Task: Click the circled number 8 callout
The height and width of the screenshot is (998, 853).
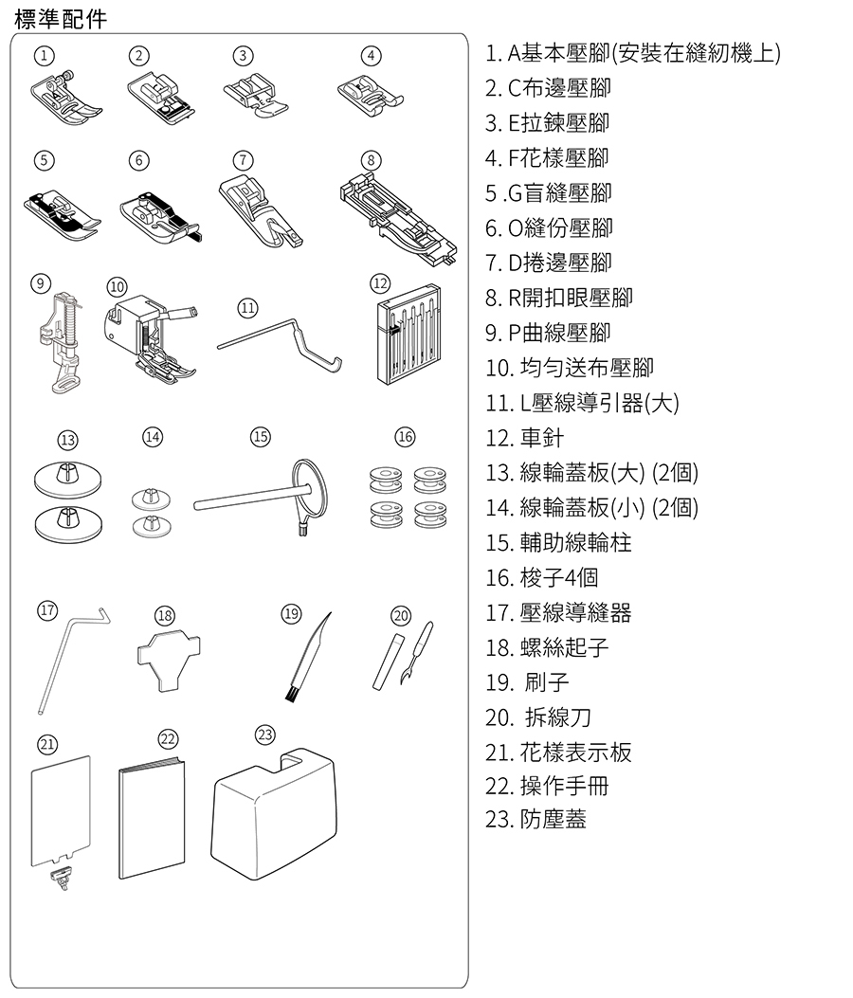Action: [x=372, y=160]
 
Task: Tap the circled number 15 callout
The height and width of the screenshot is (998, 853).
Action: [x=261, y=437]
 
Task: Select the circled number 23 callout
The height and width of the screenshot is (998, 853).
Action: [x=264, y=735]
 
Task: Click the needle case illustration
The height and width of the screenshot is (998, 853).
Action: [x=408, y=335]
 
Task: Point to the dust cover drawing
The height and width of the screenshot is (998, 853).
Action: [x=274, y=814]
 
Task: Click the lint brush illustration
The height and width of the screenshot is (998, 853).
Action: [x=307, y=658]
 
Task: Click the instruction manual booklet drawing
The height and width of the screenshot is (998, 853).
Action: [x=153, y=819]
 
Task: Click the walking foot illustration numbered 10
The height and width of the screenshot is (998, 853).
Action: [x=151, y=339]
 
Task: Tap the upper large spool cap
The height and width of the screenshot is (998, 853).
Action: [x=67, y=480]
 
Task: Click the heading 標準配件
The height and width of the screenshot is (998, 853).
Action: [x=61, y=19]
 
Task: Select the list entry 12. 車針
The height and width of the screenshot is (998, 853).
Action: [x=524, y=438]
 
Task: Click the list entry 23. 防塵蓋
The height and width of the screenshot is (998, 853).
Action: [x=535, y=819]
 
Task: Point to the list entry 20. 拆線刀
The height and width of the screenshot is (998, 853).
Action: [x=538, y=717]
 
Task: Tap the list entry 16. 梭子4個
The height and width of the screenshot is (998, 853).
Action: [x=542, y=577]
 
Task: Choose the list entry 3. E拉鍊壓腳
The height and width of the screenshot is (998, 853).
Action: [x=548, y=123]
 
